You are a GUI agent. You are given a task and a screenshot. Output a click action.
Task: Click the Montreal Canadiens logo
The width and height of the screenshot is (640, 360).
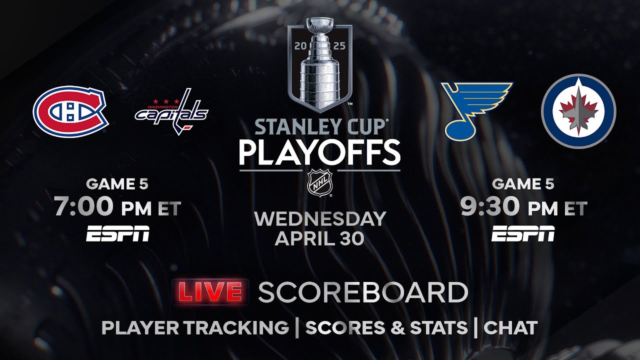70,111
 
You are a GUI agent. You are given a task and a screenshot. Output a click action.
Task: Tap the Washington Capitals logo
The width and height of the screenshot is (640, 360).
171,111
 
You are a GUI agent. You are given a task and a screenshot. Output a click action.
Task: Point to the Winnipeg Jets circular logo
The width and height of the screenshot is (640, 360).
578,111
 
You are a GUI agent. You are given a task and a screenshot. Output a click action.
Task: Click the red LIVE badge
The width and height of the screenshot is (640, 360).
211,292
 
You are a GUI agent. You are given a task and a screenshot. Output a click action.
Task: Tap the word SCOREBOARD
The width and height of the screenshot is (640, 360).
363,292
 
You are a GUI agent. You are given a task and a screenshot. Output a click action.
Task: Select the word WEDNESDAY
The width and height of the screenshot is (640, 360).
319,218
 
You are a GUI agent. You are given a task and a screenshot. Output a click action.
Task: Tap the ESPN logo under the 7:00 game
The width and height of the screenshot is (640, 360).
117,233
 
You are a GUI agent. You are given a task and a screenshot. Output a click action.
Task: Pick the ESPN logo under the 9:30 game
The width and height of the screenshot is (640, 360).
523,233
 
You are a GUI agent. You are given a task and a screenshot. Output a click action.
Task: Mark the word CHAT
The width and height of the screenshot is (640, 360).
510,327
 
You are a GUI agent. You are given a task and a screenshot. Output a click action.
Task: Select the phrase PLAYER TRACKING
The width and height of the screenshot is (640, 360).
195,327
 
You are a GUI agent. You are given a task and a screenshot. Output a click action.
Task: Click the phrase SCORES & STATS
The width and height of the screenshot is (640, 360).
386,327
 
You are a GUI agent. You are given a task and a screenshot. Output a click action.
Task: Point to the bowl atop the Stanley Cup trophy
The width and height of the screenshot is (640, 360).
319,25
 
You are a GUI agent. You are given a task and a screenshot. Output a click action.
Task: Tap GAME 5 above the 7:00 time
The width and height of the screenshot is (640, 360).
117,184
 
